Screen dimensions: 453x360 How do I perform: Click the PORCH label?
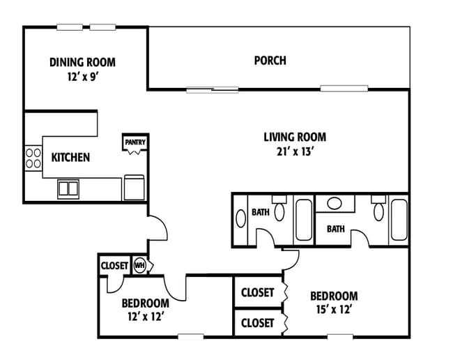point(270,61)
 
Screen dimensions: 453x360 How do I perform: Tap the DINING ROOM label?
point(82,62)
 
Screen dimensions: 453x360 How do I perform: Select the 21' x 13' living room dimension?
point(295,151)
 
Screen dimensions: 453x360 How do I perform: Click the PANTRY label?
point(135,142)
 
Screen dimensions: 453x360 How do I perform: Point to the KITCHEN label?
point(70,157)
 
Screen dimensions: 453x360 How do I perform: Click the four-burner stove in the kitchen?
point(33,158)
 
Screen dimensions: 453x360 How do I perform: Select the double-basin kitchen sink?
point(68,189)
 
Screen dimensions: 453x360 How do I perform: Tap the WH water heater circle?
point(140,265)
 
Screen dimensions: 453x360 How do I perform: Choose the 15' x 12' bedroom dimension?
point(334,309)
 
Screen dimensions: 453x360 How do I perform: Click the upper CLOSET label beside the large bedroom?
point(257,292)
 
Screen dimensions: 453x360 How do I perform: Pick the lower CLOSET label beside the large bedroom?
point(257,323)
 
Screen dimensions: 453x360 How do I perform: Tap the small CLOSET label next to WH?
point(114,265)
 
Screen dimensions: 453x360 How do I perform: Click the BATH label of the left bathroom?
point(261,212)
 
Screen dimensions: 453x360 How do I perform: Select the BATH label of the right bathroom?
point(336,229)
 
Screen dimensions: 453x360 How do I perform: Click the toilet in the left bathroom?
point(279,209)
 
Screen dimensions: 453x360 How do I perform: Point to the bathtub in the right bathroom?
point(399,220)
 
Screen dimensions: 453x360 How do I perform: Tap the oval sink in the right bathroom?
point(335,203)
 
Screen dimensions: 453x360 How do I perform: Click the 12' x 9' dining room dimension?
point(84,77)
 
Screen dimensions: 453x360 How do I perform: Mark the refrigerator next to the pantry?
point(134,188)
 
